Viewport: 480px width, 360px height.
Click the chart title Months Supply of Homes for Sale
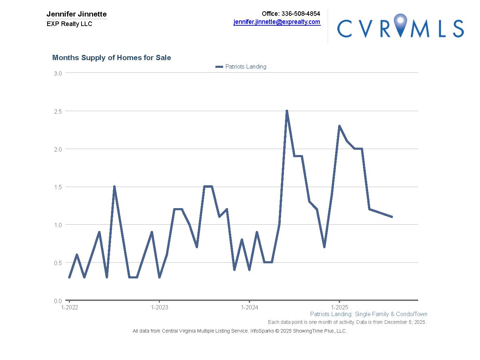tap(111, 58)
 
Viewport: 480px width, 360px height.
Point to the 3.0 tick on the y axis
tap(58, 73)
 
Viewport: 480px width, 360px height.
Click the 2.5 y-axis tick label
tap(58, 111)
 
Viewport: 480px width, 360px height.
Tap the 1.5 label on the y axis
tap(58, 187)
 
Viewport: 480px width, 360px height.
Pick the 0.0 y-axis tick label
tap(58, 301)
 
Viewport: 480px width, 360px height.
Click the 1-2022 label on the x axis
tap(70, 308)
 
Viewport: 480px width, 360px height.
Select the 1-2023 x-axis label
tap(160, 308)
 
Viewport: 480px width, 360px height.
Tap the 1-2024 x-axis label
tap(249, 308)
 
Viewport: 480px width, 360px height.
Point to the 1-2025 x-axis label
tap(339, 308)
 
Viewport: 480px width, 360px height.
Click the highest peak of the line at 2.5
tap(287, 111)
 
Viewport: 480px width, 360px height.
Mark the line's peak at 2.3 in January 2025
tap(339, 126)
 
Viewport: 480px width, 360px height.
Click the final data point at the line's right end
tap(391, 217)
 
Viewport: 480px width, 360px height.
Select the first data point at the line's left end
tap(69, 277)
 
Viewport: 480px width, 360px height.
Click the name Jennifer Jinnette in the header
tap(77, 14)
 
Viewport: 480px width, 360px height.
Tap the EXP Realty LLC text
tap(69, 24)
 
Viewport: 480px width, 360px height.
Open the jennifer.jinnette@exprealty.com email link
tap(277, 22)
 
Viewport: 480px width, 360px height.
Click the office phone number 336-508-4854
tap(300, 14)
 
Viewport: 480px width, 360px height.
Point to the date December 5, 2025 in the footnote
tap(405, 322)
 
